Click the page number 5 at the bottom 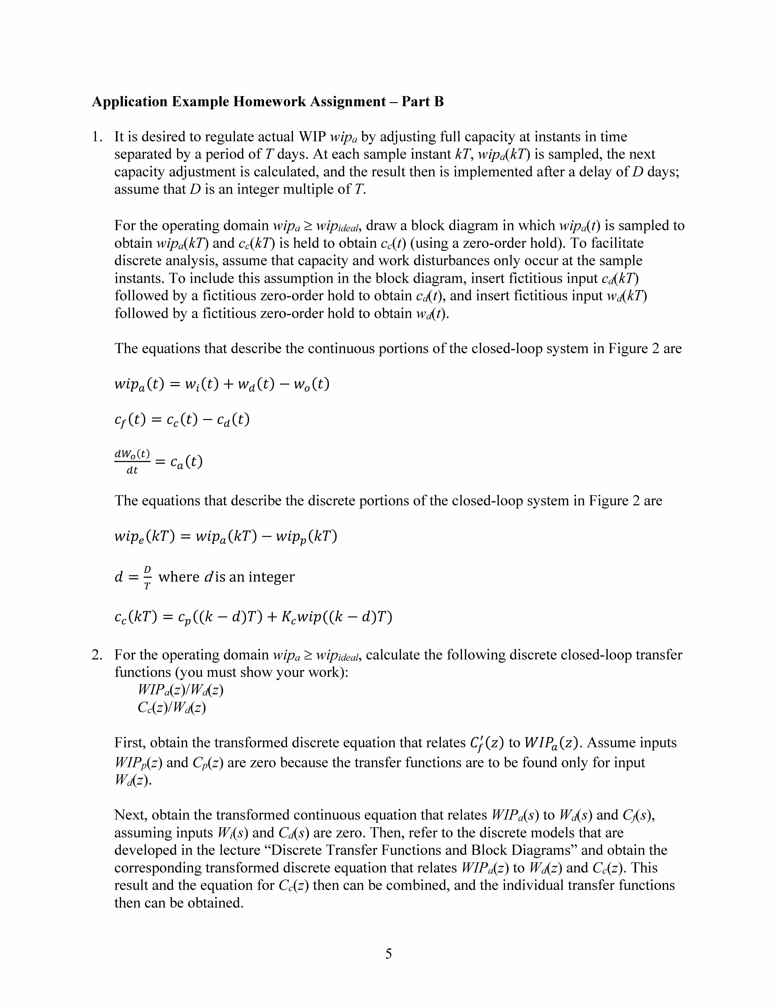[x=389, y=954]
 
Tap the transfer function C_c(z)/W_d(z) [x=171, y=707]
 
